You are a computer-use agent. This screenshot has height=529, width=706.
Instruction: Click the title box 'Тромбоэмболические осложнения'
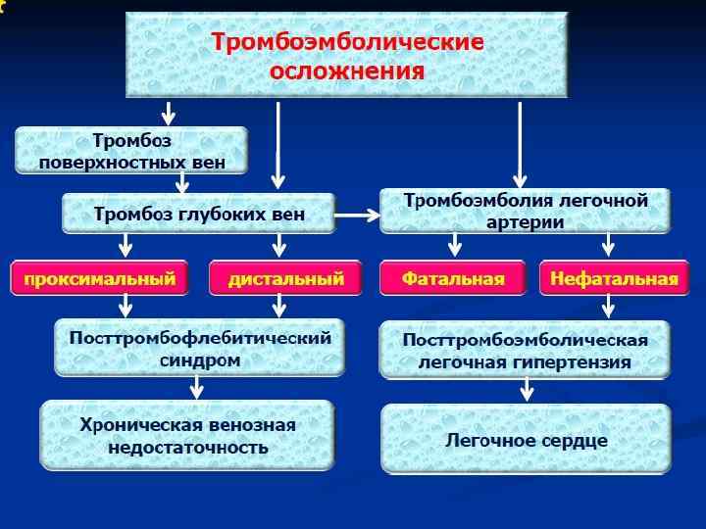(x=348, y=56)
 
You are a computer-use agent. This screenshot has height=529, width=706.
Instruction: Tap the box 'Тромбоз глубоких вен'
(x=199, y=214)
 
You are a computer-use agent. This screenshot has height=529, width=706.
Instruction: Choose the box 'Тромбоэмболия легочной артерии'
(x=526, y=211)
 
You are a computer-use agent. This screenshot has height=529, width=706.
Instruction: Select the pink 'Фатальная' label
(x=453, y=279)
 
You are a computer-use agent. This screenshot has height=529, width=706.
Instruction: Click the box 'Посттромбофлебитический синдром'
(x=199, y=348)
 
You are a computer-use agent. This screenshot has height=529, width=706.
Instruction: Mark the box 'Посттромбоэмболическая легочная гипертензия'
(x=526, y=350)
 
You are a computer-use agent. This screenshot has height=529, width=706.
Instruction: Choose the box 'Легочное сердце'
(x=526, y=440)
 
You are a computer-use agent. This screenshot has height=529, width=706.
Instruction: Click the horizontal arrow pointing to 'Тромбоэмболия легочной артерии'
(x=357, y=214)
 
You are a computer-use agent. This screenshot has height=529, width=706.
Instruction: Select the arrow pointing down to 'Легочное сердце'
(x=527, y=390)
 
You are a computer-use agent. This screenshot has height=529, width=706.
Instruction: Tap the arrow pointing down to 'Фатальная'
(x=454, y=246)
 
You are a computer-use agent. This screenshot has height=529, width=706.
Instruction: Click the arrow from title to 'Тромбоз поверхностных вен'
(x=169, y=111)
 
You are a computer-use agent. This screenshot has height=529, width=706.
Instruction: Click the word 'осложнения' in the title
(x=348, y=71)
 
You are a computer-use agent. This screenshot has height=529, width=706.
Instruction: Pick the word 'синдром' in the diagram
(x=199, y=361)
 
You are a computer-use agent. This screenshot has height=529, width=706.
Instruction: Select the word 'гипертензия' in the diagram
(x=576, y=361)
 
